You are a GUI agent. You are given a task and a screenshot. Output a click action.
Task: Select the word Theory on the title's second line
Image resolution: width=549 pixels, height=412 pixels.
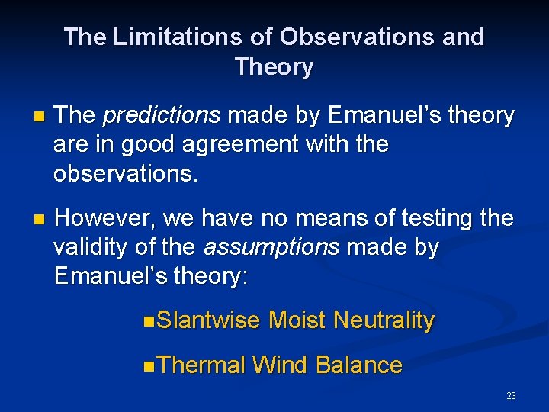[x=274, y=67]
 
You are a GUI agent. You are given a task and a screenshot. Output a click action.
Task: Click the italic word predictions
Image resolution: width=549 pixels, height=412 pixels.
[x=161, y=116]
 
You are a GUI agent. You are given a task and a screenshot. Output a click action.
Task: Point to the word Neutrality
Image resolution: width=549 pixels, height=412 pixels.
[x=384, y=320]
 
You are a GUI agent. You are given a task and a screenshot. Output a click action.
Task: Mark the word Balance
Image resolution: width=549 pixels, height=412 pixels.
[x=358, y=365]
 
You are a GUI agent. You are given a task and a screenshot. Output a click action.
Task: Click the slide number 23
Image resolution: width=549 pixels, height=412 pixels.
[x=511, y=395]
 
